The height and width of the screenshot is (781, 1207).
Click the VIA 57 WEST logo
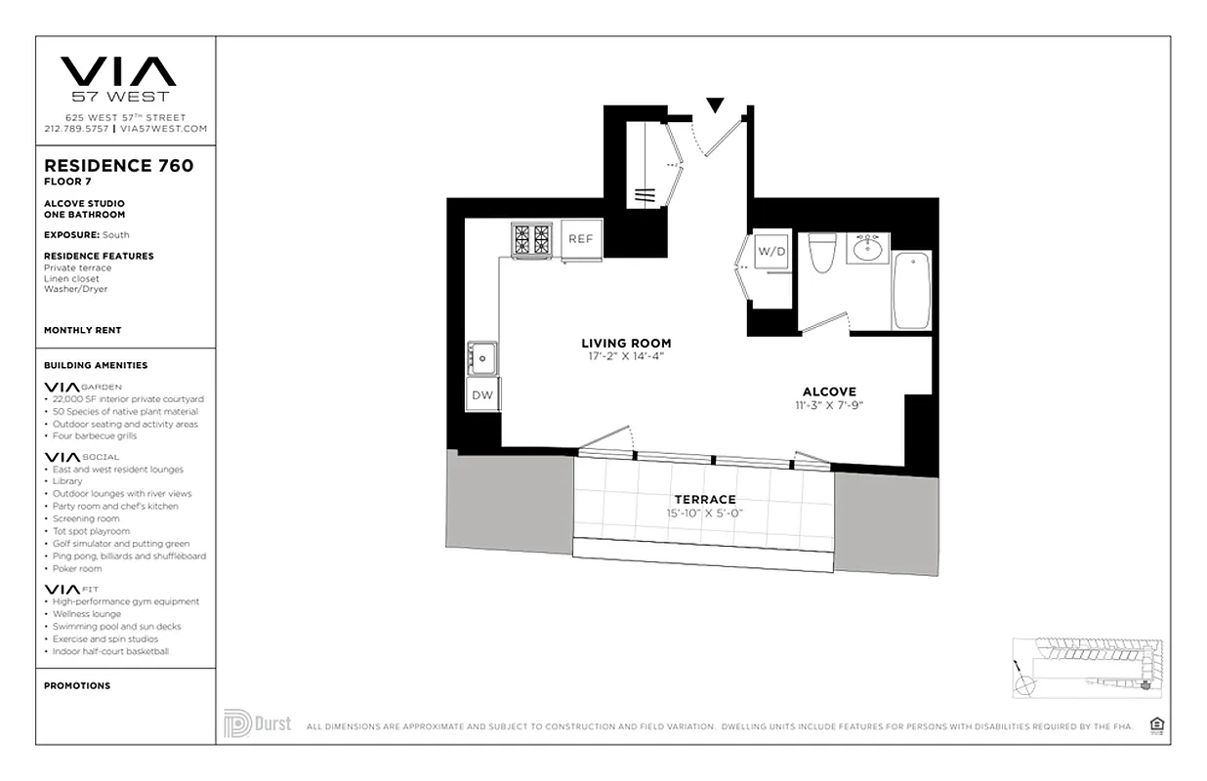(119, 78)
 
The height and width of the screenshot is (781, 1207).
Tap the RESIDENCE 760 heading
(118, 166)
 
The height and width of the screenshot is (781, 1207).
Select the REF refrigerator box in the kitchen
(581, 239)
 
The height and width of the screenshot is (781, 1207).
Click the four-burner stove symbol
(532, 239)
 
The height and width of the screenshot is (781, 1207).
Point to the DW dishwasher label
(482, 395)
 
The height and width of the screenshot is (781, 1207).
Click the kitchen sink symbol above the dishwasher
(482, 358)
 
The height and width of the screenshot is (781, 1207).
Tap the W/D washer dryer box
(771, 251)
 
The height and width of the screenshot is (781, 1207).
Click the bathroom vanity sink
(866, 248)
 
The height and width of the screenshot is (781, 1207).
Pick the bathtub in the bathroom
(912, 290)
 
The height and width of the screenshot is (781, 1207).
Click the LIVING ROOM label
(626, 344)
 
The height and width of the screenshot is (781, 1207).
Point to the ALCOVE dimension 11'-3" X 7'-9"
(829, 405)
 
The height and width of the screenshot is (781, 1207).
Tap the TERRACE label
(704, 500)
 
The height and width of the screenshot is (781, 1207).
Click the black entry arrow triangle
(715, 104)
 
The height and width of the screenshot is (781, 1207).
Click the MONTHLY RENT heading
(83, 331)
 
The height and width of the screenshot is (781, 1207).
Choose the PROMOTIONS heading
(77, 685)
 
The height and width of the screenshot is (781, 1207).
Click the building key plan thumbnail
(1087, 667)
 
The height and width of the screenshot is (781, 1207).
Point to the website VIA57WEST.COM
(164, 129)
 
